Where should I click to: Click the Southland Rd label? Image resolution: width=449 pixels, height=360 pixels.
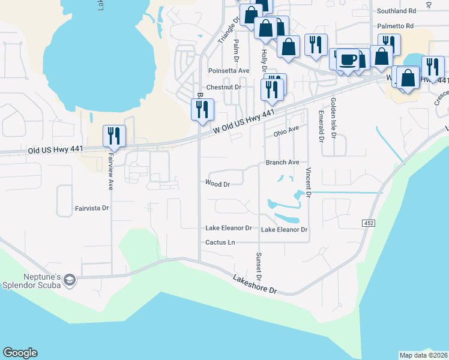[396, 11]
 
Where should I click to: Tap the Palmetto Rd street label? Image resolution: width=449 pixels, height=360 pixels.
[396, 26]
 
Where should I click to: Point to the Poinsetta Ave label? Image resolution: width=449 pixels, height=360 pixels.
[228, 71]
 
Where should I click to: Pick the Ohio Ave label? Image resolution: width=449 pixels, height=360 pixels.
[286, 130]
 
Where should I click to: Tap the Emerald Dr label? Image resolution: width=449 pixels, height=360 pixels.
[321, 127]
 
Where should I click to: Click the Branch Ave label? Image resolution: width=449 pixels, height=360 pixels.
[282, 163]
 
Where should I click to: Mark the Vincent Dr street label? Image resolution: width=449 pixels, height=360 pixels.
[308, 184]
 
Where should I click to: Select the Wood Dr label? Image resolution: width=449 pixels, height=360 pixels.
[217, 184]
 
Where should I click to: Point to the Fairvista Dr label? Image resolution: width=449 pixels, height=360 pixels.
[92, 209]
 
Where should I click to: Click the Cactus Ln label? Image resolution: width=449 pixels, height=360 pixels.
[220, 242]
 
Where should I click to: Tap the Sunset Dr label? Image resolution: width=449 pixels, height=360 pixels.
[259, 266]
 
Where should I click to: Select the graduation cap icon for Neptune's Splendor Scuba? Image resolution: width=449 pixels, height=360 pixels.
[70, 280]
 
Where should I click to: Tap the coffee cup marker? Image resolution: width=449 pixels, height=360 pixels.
[348, 61]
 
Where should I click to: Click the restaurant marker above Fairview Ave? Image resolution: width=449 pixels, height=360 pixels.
[113, 136]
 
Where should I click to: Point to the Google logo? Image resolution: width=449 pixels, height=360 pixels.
[20, 353]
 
